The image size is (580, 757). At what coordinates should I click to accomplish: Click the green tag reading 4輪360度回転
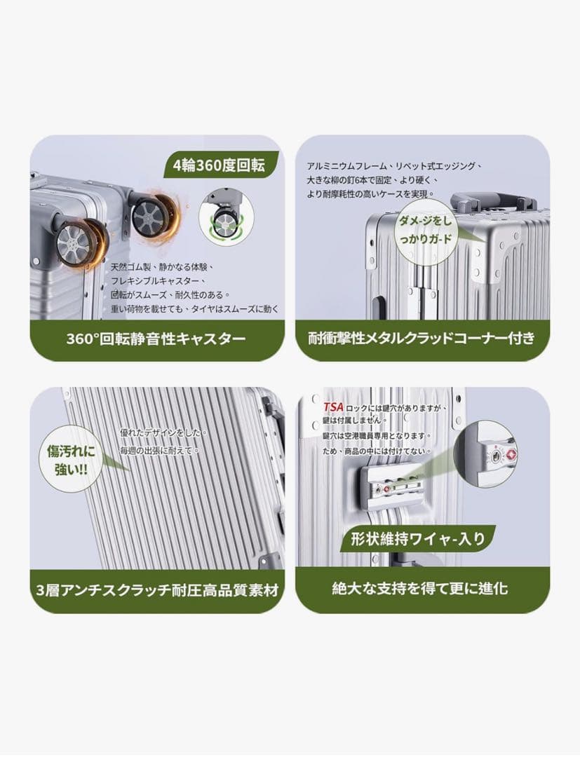click(220, 165)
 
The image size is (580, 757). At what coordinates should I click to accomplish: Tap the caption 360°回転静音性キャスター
click(156, 339)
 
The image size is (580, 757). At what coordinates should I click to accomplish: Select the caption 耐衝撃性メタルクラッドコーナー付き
click(422, 338)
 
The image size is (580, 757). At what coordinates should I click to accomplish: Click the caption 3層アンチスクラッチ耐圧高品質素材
click(157, 590)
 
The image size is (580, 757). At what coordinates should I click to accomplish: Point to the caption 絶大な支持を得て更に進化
click(420, 588)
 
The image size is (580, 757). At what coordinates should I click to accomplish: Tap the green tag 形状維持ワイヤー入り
click(417, 538)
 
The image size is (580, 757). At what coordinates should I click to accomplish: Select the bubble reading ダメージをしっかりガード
click(424, 230)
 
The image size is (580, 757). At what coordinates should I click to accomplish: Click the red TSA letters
click(333, 407)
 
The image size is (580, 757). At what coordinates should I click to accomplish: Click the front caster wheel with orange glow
click(77, 243)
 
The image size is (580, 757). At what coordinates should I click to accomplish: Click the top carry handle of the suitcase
click(492, 202)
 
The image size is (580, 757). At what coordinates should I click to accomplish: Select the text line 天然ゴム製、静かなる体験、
click(162, 266)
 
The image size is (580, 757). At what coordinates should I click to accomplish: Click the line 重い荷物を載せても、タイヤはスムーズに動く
click(195, 308)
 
